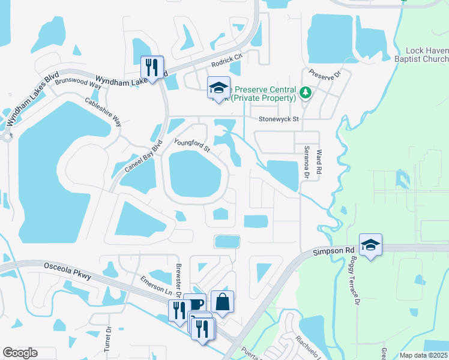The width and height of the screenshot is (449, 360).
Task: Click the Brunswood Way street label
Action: click(x=78, y=82)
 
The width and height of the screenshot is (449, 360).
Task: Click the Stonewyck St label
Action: click(x=279, y=119)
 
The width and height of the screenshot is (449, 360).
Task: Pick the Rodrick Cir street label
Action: click(x=226, y=61)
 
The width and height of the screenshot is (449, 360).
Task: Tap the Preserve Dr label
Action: click(x=325, y=76)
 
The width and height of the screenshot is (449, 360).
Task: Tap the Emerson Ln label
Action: click(x=152, y=285)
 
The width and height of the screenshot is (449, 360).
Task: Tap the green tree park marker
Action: click(x=306, y=92)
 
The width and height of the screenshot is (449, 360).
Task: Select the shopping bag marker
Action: click(x=222, y=302)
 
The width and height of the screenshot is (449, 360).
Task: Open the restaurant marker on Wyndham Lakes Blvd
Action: click(x=152, y=67)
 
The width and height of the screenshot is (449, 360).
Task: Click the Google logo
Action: click(x=20, y=353)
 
